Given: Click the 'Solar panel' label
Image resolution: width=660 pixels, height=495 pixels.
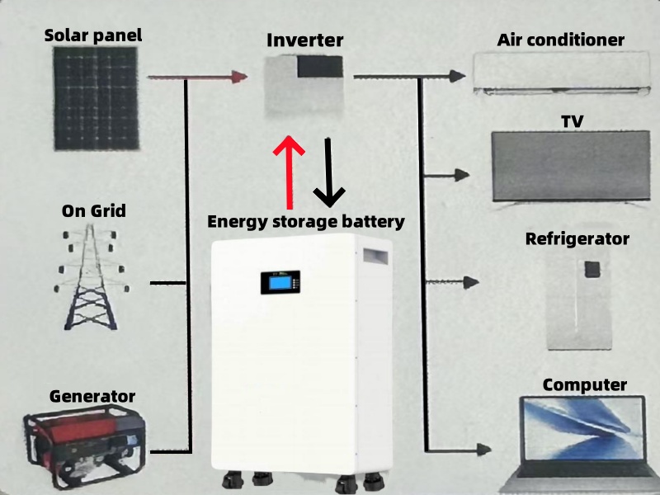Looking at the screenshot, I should click(x=93, y=35).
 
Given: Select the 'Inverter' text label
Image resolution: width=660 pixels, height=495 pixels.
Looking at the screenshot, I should click(x=304, y=40).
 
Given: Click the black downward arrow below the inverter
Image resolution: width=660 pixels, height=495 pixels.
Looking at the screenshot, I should click(x=329, y=172).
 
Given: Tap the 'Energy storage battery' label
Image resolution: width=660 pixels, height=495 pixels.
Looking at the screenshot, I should click(x=305, y=221).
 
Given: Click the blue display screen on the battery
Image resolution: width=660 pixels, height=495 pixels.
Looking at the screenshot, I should click(x=281, y=284).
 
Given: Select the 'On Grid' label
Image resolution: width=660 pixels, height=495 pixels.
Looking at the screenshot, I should click(x=94, y=210).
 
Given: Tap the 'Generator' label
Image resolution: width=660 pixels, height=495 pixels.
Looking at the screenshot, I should click(x=92, y=396).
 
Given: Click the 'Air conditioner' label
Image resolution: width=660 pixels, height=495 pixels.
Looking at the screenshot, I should click(x=561, y=40).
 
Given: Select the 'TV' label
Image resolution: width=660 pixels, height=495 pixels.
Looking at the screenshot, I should click(x=573, y=121).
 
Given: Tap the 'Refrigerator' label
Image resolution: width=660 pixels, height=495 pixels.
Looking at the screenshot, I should click(x=577, y=239).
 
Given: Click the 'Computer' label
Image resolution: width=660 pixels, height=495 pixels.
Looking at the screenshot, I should click(x=585, y=384).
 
